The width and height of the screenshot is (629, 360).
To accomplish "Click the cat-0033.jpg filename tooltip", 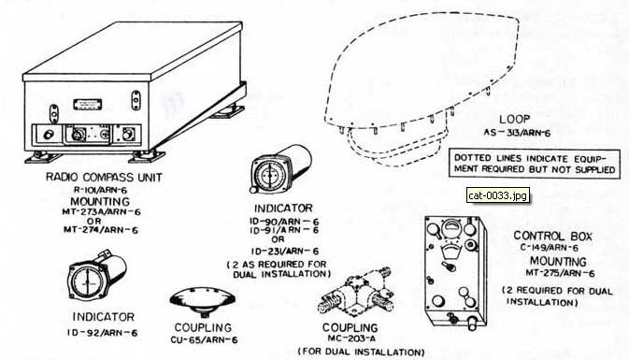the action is click(x=498, y=195).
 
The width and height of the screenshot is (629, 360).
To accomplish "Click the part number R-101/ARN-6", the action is click(x=101, y=190).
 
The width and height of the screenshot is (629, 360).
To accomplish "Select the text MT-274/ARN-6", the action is click(x=101, y=230).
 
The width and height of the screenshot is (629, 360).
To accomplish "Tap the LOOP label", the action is click(x=515, y=119).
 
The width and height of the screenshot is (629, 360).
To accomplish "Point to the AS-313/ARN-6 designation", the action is click(x=517, y=132).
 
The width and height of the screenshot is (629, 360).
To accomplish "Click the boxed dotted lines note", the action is click(x=535, y=164).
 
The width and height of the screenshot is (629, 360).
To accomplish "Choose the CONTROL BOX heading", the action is click(x=552, y=236).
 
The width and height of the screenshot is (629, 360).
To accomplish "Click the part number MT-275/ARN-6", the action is click(x=560, y=273).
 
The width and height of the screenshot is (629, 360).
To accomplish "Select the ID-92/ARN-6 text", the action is click(x=102, y=333).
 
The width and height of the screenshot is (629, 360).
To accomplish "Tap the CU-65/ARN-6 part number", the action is click(x=204, y=340).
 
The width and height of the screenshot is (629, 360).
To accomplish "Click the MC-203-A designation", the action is click(x=351, y=338).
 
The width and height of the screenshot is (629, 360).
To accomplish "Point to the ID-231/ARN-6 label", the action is click(x=285, y=252).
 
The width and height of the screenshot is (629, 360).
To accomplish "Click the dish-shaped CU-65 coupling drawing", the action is click(x=203, y=301).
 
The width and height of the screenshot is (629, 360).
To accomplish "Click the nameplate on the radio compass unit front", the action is click(x=88, y=105).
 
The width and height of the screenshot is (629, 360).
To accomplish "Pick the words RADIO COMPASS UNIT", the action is click(x=104, y=177).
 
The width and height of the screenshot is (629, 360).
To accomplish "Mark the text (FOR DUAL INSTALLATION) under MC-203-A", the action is click(x=361, y=352).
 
